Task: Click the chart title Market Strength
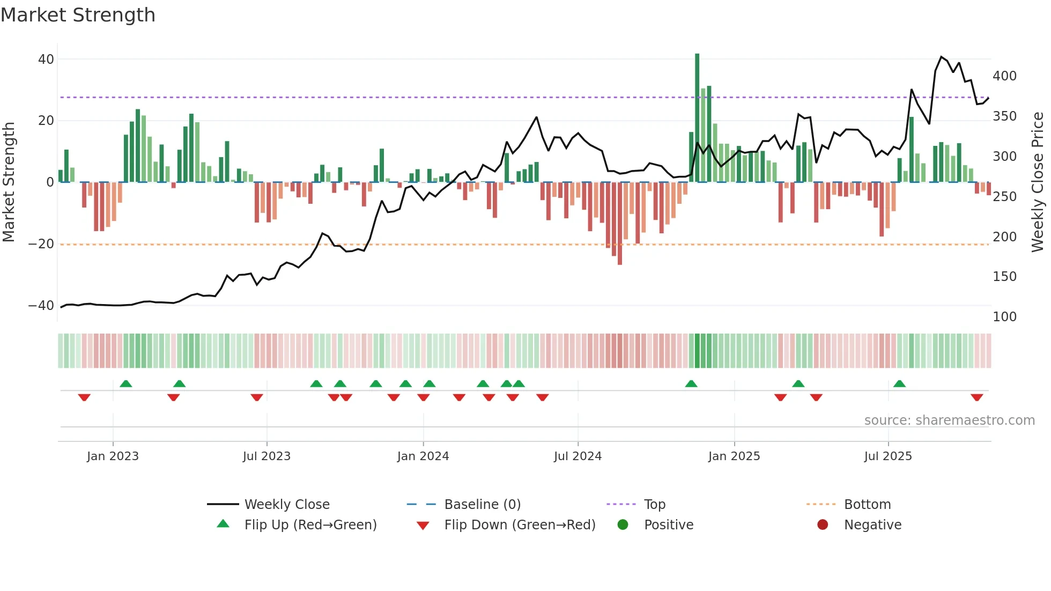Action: pyautogui.click(x=78, y=15)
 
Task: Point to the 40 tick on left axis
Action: pyautogui.click(x=46, y=60)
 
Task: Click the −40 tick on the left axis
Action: pyautogui.click(x=41, y=306)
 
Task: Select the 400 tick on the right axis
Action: pyautogui.click(x=1004, y=76)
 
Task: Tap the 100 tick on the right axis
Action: pyautogui.click(x=1004, y=317)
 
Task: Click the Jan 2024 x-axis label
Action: pyautogui.click(x=423, y=456)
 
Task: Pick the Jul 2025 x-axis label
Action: pyautogui.click(x=888, y=456)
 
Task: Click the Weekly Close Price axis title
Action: pyautogui.click(x=1038, y=182)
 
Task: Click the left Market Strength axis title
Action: pyautogui.click(x=9, y=182)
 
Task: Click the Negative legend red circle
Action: pyautogui.click(x=823, y=525)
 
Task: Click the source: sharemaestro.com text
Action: pyautogui.click(x=949, y=420)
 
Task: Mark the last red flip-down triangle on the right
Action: pyautogui.click(x=976, y=397)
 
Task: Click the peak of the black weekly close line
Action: pyautogui.click(x=942, y=57)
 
